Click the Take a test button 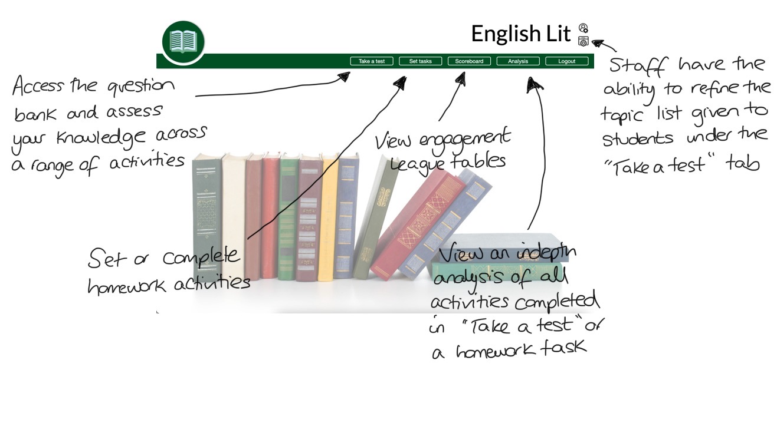coord(372,61)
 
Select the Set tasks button coord(420,61)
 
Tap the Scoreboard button coord(469,61)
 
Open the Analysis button coord(518,61)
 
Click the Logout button coord(566,61)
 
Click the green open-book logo coord(183,42)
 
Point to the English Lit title coord(521,34)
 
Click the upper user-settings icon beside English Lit coord(583,28)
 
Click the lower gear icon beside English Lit coord(583,41)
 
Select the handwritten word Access coord(38,87)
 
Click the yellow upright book coord(327,218)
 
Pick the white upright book coord(234,215)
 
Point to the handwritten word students coord(637,139)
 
